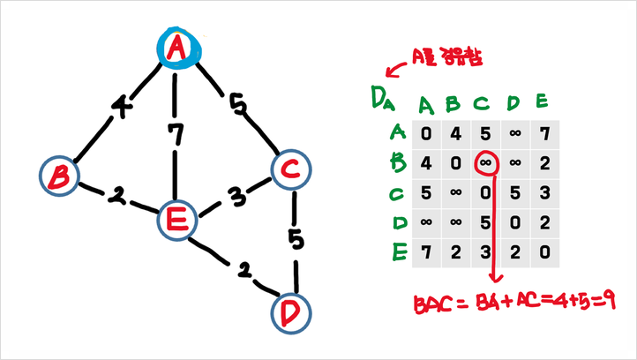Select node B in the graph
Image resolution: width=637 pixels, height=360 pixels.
(59, 176)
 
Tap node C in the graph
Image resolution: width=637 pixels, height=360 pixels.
(291, 169)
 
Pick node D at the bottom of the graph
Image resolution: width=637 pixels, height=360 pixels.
(291, 313)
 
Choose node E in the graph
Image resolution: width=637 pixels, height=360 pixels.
(177, 221)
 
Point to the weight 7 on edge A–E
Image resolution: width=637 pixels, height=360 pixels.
(176, 134)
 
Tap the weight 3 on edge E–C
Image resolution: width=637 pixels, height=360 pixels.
(236, 198)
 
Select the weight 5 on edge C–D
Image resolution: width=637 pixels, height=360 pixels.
(296, 239)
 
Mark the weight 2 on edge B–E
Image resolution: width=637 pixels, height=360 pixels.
(117, 197)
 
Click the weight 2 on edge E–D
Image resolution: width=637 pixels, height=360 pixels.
(244, 270)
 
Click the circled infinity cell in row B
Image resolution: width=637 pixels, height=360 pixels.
(485, 163)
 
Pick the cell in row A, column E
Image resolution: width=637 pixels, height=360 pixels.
(544, 134)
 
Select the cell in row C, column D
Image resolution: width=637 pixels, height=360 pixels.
(515, 193)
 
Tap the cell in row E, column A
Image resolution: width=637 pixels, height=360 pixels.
(426, 252)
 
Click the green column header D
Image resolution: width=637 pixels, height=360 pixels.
(513, 103)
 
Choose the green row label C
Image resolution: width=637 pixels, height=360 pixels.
(396, 194)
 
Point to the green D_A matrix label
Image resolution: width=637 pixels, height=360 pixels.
(382, 98)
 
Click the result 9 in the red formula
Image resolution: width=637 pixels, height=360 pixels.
(609, 301)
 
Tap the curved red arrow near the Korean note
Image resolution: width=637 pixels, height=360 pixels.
(395, 69)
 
